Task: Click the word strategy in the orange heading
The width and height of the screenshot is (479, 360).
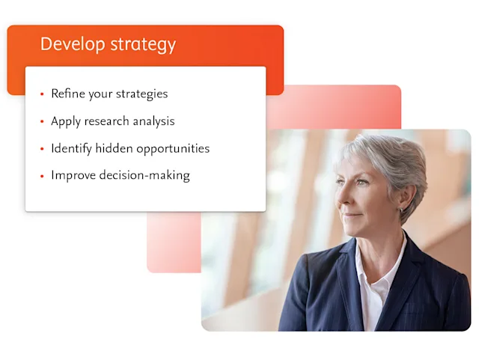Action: coord(143,45)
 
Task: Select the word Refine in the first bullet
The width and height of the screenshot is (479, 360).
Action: coord(67,94)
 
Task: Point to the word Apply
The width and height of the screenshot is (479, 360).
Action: coord(66,121)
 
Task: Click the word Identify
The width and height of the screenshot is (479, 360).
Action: coord(73,148)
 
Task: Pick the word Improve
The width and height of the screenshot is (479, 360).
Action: coord(73,175)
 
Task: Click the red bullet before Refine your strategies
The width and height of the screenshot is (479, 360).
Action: coord(42,94)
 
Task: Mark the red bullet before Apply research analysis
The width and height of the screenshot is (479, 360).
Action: coord(42,121)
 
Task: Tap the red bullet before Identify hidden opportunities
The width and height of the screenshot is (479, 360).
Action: coord(42,149)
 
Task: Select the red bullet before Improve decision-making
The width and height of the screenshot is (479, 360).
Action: coord(42,176)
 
